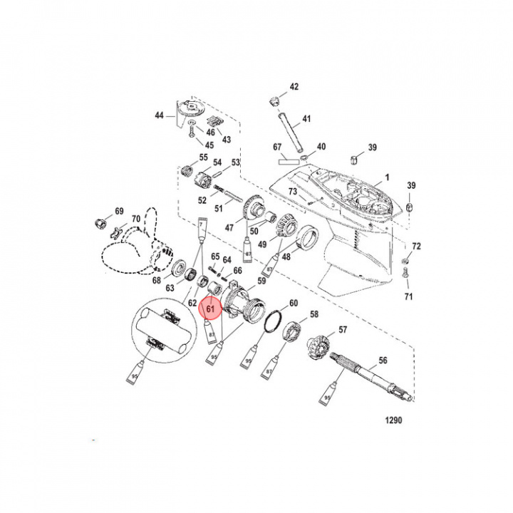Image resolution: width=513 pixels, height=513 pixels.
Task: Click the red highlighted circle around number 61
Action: pyautogui.click(x=210, y=309)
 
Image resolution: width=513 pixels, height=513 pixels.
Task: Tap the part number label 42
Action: pyautogui.click(x=294, y=87)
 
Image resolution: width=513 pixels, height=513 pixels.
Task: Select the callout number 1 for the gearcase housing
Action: pyautogui.click(x=388, y=176)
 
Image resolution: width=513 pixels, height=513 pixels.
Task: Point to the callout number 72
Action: pyautogui.click(x=416, y=246)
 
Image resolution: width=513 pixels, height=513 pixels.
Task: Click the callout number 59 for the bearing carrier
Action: pyautogui.click(x=261, y=281)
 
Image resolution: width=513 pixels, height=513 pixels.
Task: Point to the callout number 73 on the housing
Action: pyautogui.click(x=292, y=192)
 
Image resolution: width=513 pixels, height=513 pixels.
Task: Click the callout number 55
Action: pyautogui.click(x=203, y=157)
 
